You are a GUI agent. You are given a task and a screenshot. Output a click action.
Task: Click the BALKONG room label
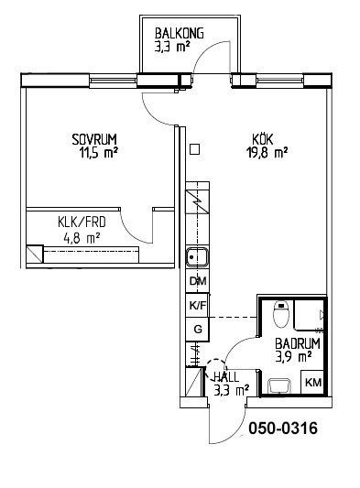(x=179, y=33)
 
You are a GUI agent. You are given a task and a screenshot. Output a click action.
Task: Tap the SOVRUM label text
(x=94, y=140)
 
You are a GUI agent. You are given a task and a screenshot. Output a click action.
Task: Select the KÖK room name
(x=263, y=139)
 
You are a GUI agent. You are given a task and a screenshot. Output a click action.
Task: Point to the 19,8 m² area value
(x=267, y=153)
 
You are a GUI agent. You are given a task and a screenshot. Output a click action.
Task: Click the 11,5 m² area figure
(x=99, y=153)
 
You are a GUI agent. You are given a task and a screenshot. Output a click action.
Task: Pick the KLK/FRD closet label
(x=82, y=222)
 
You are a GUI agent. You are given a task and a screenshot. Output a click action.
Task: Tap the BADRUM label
(x=298, y=344)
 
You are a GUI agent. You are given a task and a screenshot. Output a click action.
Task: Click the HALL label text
(x=225, y=377)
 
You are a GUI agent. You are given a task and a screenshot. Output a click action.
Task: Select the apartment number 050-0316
(x=283, y=428)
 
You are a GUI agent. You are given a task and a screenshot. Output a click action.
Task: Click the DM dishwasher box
(x=198, y=281)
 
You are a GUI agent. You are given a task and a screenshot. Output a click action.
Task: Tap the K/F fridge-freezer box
(x=198, y=305)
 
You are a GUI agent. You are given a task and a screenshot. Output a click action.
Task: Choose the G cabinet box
(x=198, y=330)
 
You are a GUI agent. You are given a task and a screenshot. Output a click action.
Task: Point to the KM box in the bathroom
(x=313, y=382)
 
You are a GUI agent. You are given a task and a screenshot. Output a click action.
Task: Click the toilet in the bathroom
(x=281, y=314)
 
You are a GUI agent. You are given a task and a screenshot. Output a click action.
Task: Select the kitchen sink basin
(x=197, y=257)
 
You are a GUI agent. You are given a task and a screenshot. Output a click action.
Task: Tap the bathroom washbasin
(x=279, y=386)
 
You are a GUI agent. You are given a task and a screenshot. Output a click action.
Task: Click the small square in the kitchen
(x=194, y=149)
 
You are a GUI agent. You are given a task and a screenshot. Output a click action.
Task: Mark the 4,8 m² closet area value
(x=82, y=238)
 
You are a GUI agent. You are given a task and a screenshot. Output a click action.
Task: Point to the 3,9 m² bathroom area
(x=293, y=357)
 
